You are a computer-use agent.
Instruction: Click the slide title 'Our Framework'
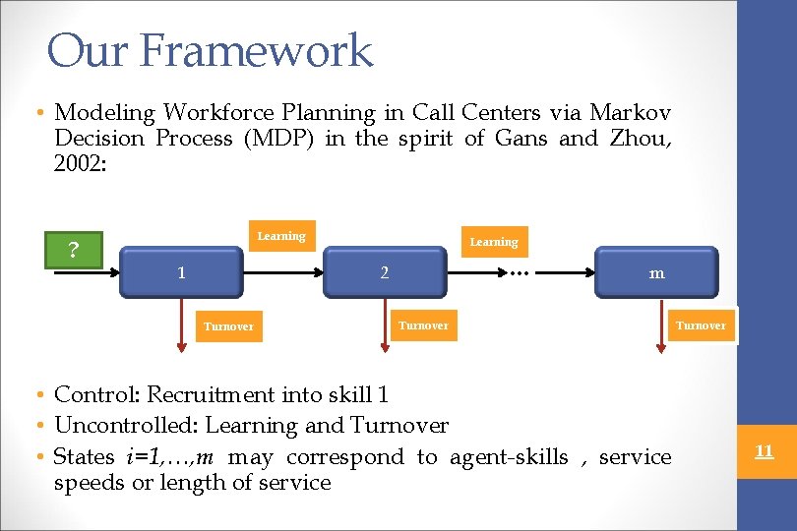pyautogui.click(x=210, y=50)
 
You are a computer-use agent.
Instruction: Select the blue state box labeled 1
pyautogui.click(x=181, y=272)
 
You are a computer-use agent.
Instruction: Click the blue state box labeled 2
pyautogui.click(x=385, y=272)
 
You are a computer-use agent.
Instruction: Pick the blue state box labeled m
pyautogui.click(x=656, y=273)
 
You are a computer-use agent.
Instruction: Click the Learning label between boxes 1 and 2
pyautogui.click(x=281, y=236)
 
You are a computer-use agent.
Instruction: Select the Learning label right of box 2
pyautogui.click(x=493, y=242)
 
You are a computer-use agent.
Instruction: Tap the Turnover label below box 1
pyautogui.click(x=228, y=326)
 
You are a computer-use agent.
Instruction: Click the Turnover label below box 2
pyautogui.click(x=423, y=325)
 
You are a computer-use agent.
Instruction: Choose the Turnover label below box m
pyautogui.click(x=701, y=325)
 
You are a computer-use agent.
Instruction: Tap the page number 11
pyautogui.click(x=764, y=451)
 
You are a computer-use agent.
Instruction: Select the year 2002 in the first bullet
pyautogui.click(x=79, y=163)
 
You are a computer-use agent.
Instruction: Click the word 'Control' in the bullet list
pyautogui.click(x=95, y=394)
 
